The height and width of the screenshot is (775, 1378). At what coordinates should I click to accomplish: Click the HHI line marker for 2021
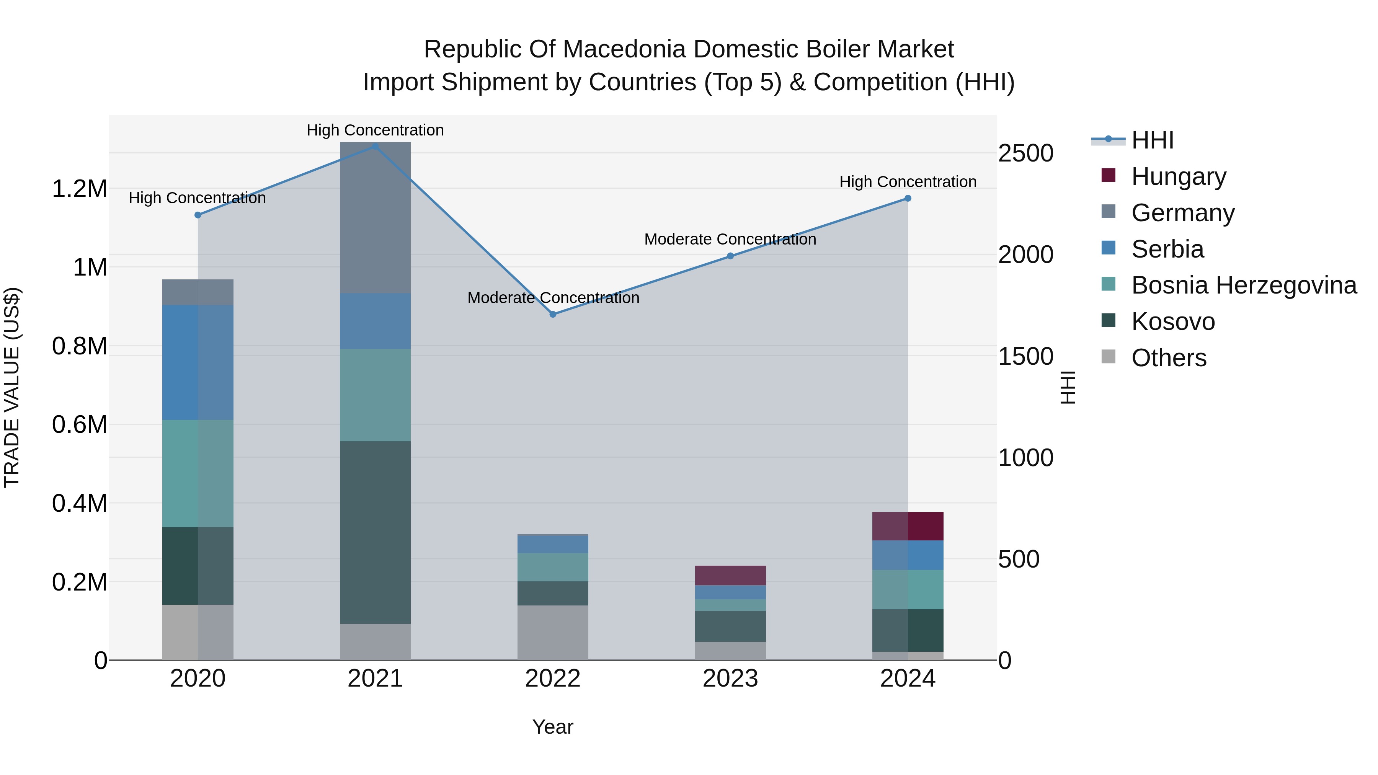click(x=375, y=146)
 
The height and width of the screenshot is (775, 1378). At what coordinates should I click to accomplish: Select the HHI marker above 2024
click(x=908, y=198)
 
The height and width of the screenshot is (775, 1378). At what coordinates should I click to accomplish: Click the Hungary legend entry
click(x=1179, y=176)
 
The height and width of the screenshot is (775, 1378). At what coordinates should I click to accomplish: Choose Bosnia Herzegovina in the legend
click(x=1244, y=286)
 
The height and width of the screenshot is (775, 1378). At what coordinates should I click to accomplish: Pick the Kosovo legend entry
click(x=1172, y=322)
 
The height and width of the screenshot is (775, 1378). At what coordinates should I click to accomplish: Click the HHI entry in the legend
click(x=1152, y=140)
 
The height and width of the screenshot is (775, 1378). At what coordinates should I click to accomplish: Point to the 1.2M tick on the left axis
click(x=79, y=189)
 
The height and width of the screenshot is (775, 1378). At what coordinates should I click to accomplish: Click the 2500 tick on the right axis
click(x=1025, y=153)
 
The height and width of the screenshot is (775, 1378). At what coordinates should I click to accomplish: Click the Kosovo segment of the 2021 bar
click(x=375, y=532)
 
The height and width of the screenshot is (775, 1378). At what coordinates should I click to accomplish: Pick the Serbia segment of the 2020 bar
click(x=198, y=362)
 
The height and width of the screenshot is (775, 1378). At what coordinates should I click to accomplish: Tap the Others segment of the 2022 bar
click(x=553, y=632)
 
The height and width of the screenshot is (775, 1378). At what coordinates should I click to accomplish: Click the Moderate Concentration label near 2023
click(x=730, y=239)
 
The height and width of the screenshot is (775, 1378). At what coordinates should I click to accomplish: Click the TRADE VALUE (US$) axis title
click(x=12, y=387)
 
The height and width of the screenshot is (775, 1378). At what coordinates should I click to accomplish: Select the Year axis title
click(x=553, y=727)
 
